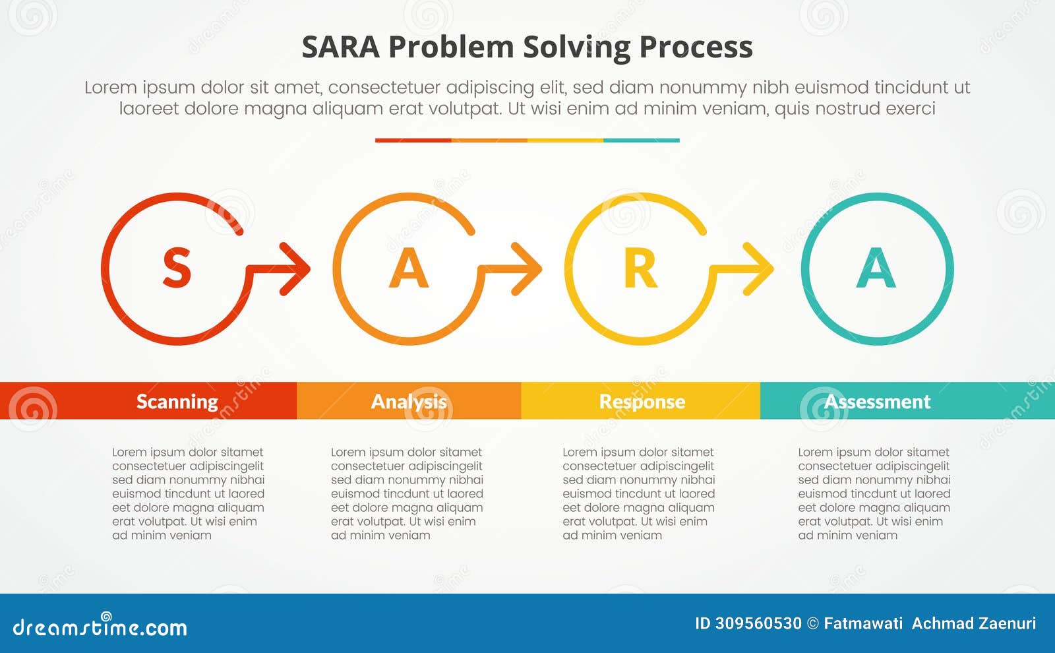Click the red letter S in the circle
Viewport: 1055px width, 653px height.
tap(177, 268)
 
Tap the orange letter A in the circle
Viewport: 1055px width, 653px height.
tap(409, 268)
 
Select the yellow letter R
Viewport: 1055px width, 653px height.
tap(640, 269)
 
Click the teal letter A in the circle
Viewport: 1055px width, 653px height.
tap(876, 268)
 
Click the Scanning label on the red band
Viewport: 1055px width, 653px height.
tap(177, 401)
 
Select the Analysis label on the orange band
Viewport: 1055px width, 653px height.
tap(409, 401)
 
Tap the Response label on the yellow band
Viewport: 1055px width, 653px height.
tap(642, 401)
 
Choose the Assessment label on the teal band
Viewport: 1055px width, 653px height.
tap(878, 401)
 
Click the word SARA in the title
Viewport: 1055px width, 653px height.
tap(340, 47)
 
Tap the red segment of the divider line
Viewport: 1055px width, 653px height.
tap(413, 140)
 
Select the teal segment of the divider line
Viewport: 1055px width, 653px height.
tap(641, 140)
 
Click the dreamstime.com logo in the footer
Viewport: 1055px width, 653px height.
tap(100, 627)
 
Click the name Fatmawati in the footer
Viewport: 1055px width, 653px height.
tap(864, 623)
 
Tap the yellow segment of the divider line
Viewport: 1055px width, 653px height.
tap(565, 140)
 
